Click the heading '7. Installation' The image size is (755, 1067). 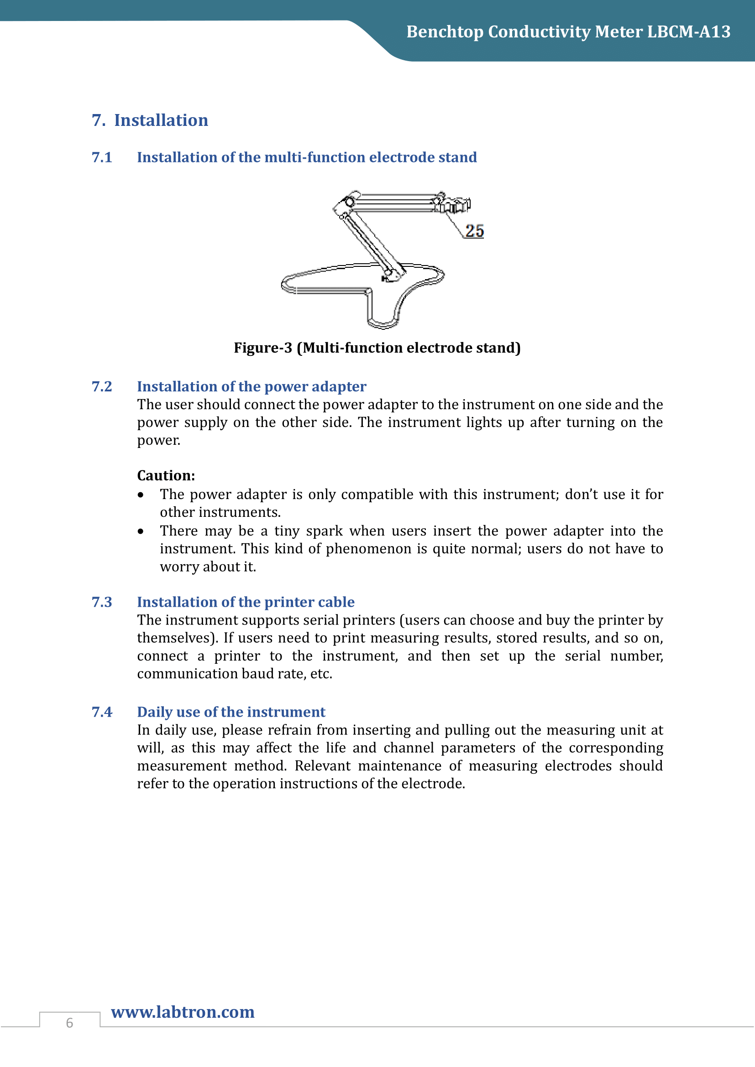point(150,120)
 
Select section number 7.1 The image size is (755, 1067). point(102,157)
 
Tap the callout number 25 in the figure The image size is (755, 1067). point(474,231)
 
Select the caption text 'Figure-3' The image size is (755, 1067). point(262,348)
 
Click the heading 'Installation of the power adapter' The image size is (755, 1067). point(252,387)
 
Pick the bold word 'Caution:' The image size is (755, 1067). point(166,476)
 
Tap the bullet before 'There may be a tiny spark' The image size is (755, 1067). point(141,531)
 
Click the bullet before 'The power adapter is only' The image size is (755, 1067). point(141,495)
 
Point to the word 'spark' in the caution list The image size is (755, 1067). point(324,531)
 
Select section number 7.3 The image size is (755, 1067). point(102,602)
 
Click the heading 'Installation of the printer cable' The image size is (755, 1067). point(246,602)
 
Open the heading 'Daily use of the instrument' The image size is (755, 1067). point(231,713)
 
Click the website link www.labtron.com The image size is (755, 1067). point(183,1012)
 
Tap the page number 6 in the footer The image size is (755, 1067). point(70,1023)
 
